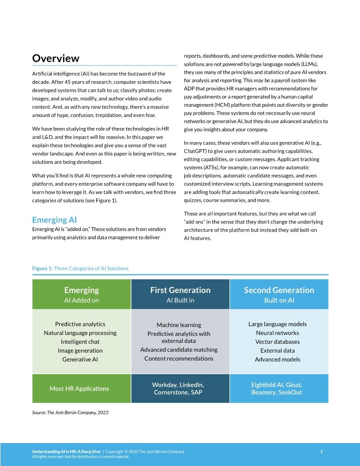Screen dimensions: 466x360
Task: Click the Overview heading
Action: tap(56, 58)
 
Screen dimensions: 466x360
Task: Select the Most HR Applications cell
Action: tap(79, 388)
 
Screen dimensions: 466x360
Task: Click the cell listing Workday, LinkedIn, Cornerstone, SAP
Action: tap(178, 388)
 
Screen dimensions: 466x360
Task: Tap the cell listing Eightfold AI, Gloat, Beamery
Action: tap(277, 388)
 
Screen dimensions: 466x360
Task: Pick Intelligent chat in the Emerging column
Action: tap(80, 342)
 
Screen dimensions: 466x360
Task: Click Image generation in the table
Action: tap(80, 350)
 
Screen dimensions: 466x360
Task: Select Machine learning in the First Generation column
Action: tap(179, 325)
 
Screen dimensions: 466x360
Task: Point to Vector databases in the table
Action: tap(277, 342)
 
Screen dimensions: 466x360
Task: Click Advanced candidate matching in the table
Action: tap(179, 349)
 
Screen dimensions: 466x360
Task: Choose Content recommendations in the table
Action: tap(179, 358)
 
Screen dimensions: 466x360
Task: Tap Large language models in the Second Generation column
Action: tap(277, 324)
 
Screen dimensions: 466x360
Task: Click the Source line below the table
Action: tap(70, 413)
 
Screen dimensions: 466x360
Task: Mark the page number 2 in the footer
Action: tap(321, 451)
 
